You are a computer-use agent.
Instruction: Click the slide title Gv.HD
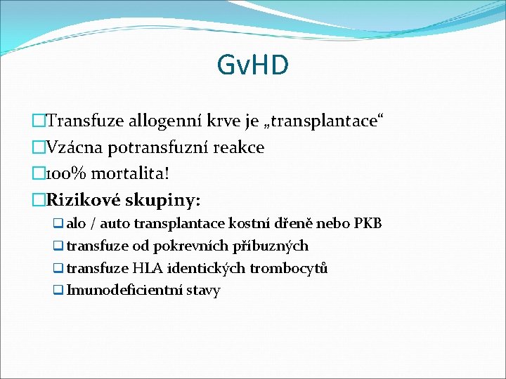pos(253,65)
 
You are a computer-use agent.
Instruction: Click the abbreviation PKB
pos(368,224)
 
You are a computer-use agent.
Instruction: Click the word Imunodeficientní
pos(124,290)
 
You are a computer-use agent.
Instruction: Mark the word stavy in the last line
pos(202,291)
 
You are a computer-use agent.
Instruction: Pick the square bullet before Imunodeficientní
pos(58,291)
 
